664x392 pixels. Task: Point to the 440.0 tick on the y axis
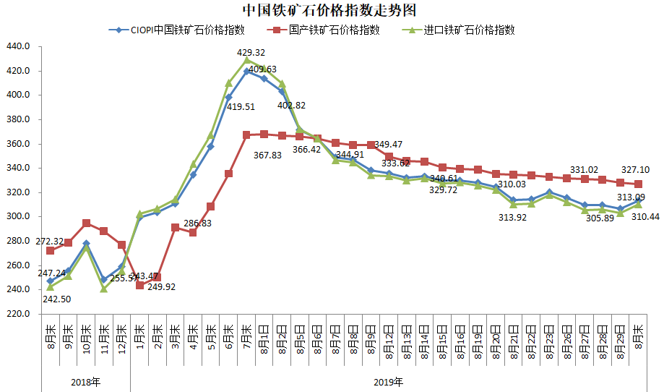[x=17, y=46]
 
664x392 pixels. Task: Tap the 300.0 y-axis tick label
[x=17, y=216]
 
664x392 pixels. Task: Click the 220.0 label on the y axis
[x=17, y=314]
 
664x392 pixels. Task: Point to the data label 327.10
[x=635, y=170]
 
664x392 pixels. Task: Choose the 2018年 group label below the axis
[x=86, y=380]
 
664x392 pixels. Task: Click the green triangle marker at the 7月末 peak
[x=247, y=61]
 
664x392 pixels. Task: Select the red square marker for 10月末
[x=86, y=223]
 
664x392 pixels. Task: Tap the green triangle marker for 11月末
[x=104, y=289]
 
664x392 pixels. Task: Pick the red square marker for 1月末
[x=139, y=285]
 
